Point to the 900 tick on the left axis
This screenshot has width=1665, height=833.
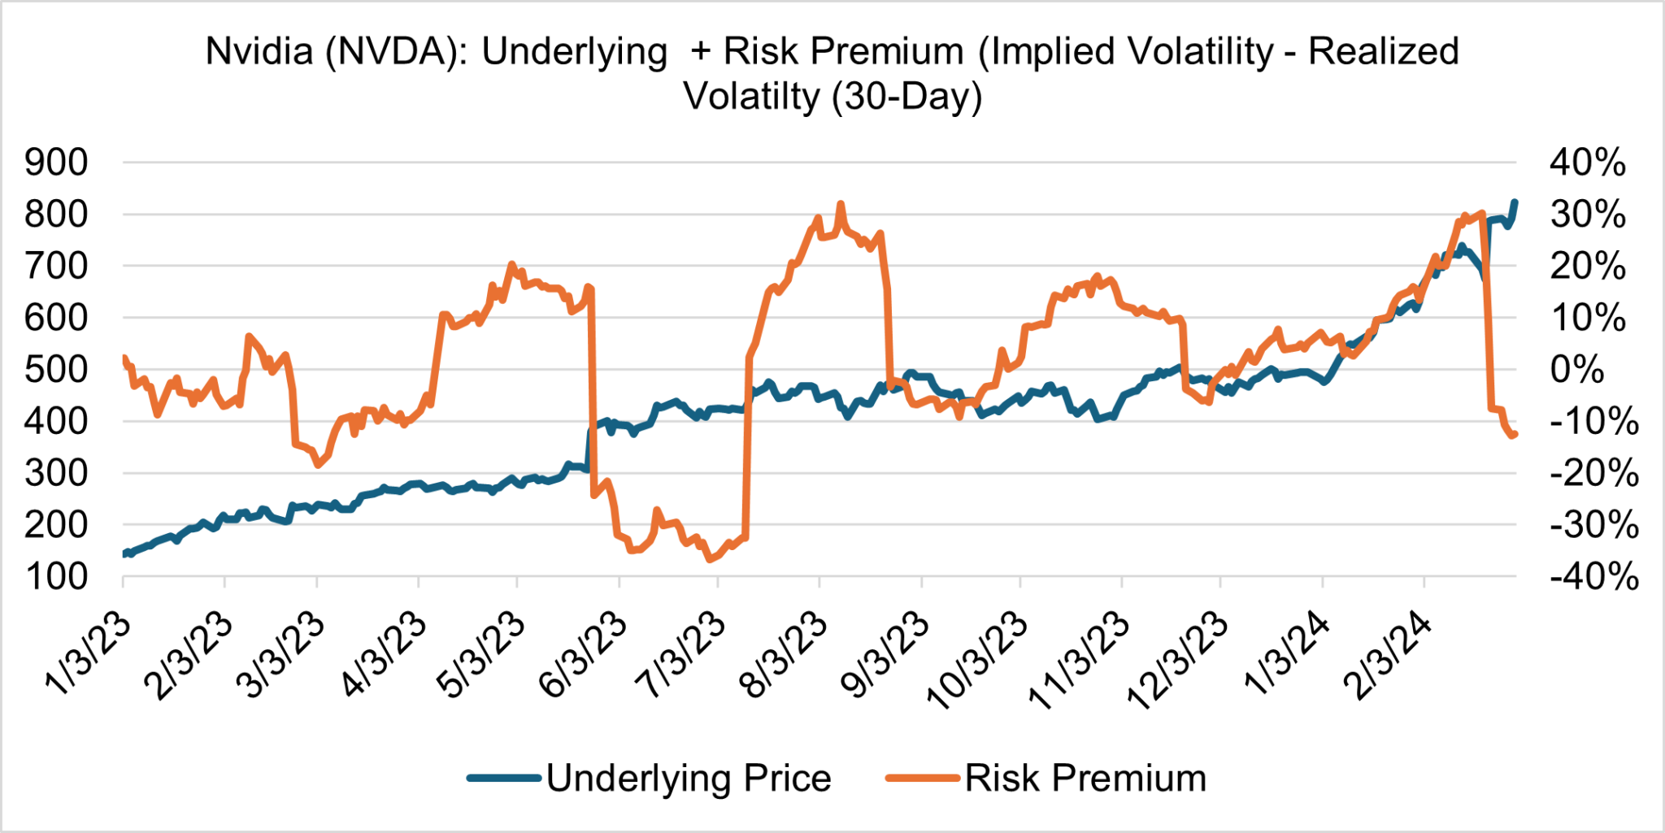(x=56, y=163)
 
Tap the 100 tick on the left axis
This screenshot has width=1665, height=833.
(x=56, y=577)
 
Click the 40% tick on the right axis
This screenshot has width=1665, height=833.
(x=1587, y=163)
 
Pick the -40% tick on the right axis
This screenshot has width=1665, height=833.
(x=1593, y=577)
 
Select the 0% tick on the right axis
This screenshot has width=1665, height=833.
(x=1577, y=370)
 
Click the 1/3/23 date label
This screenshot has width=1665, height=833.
(x=88, y=654)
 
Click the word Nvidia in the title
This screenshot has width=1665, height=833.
(x=259, y=51)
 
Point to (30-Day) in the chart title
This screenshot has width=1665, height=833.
(x=907, y=97)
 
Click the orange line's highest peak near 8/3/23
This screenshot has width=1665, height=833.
(x=841, y=204)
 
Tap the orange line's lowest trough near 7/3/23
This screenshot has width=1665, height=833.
(x=710, y=559)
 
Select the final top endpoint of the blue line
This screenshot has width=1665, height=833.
(x=1515, y=202)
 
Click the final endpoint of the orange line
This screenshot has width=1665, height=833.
(x=1515, y=435)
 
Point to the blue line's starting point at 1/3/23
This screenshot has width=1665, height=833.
(x=124, y=554)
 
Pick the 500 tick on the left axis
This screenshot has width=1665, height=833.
(x=56, y=370)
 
